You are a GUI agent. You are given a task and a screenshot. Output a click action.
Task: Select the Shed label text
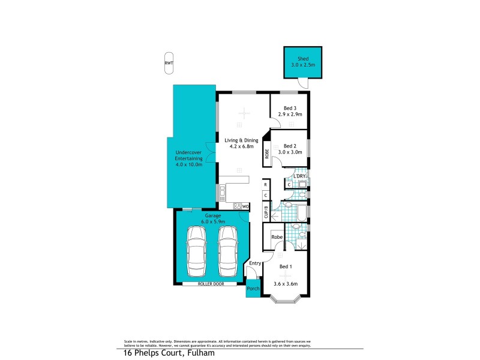304,59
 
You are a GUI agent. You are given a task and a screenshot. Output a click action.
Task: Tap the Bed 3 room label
290,108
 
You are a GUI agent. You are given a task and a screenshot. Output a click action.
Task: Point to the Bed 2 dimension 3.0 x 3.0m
290,152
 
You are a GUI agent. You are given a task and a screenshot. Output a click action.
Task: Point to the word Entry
255,263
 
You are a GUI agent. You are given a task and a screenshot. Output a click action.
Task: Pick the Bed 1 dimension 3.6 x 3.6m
286,284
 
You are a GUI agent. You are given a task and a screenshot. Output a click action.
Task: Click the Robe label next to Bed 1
277,237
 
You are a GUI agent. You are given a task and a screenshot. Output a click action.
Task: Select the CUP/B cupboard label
266,212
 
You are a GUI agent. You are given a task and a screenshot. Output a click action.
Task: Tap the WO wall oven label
245,206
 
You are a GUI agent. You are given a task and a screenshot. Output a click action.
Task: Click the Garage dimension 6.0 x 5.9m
212,221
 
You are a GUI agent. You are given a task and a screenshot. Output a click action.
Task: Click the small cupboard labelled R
265,185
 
